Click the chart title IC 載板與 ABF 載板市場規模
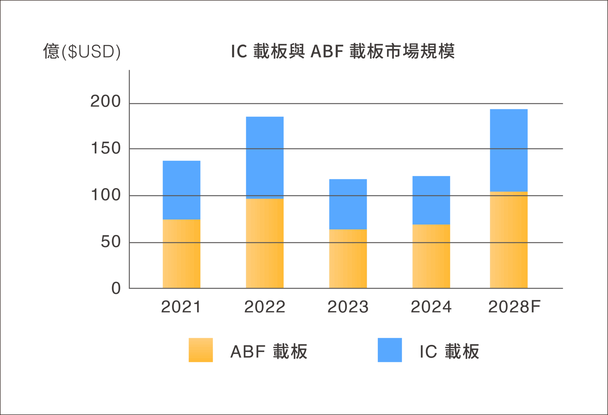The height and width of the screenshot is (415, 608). (343, 51)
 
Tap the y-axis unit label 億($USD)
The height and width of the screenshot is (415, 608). (82, 51)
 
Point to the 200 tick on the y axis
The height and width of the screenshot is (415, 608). (105, 101)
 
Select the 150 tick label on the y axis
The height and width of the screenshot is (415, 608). (106, 148)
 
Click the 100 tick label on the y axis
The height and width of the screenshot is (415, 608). (106, 195)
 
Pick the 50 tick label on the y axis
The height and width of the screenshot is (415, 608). (111, 242)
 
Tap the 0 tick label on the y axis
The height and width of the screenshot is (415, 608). (116, 288)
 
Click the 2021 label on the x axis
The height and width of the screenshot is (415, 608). (181, 307)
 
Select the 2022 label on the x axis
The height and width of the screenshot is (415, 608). (264, 307)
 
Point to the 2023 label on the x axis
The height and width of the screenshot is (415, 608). (348, 307)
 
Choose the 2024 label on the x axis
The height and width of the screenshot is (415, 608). (431, 307)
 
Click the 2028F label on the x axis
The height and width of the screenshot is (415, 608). (514, 307)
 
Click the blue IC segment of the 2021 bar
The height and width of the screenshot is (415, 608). (181, 190)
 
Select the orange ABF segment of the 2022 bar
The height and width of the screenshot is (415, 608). (265, 243)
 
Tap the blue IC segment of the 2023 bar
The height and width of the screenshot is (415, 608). (348, 204)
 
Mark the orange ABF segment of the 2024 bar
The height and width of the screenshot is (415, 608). (431, 256)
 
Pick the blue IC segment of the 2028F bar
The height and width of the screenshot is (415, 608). (509, 150)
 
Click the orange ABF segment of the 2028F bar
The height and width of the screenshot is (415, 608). (509, 240)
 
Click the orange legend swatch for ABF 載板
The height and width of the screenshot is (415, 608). (201, 350)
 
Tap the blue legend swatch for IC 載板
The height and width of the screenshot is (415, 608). (390, 350)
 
